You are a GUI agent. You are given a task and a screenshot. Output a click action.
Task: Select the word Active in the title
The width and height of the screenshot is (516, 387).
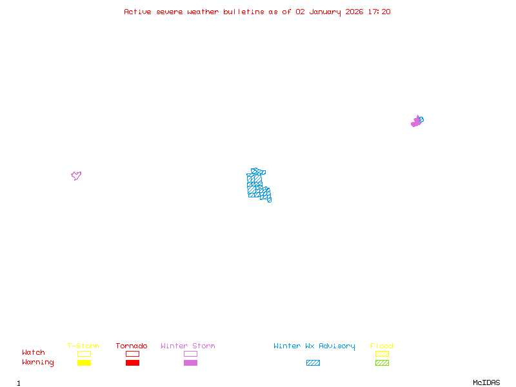(x=138, y=12)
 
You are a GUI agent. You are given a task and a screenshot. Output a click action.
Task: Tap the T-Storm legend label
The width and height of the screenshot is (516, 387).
(x=83, y=346)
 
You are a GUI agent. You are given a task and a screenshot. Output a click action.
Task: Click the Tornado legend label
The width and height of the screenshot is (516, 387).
(x=132, y=346)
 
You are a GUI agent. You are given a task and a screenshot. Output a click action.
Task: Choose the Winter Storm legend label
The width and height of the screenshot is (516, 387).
(x=188, y=346)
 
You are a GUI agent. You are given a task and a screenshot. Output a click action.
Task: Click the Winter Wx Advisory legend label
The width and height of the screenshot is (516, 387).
(x=314, y=346)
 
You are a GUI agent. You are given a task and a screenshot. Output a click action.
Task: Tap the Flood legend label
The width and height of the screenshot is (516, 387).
(x=382, y=346)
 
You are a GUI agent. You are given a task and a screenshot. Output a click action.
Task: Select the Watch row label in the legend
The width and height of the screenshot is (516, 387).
(x=34, y=353)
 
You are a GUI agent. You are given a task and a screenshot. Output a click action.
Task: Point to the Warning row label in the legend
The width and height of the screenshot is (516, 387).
(x=38, y=362)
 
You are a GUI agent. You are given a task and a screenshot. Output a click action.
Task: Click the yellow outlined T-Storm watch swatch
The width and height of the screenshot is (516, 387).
(x=84, y=353)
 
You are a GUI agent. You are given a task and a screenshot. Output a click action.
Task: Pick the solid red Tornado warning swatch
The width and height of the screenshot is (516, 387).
(x=132, y=362)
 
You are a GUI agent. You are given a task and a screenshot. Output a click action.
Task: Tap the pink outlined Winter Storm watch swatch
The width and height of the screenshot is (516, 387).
(x=190, y=353)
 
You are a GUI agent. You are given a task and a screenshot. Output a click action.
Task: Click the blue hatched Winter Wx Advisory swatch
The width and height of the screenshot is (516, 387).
(x=313, y=362)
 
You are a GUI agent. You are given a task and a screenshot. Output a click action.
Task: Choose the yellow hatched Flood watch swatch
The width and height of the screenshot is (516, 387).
(x=382, y=353)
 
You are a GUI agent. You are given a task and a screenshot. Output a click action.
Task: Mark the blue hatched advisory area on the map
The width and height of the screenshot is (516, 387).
(x=257, y=185)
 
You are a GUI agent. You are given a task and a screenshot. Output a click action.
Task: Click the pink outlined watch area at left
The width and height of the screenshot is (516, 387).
(x=76, y=175)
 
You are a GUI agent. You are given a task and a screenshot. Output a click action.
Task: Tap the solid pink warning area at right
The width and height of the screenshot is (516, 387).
(x=416, y=122)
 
